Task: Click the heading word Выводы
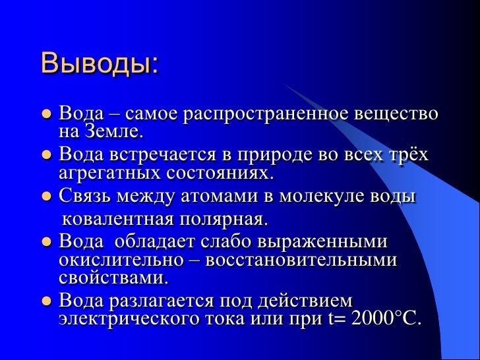(x=99, y=64)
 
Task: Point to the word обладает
(x=154, y=241)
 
